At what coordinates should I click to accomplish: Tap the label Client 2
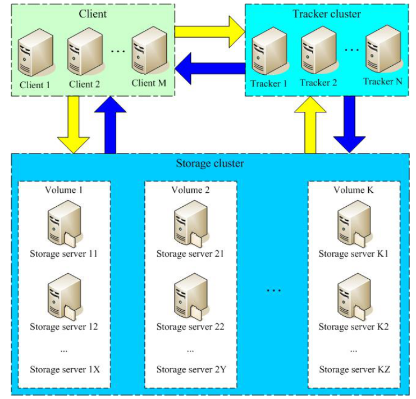click(84, 85)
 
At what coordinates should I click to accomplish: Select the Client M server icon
click(149, 54)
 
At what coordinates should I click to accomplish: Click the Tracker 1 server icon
click(268, 55)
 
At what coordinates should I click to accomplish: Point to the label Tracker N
click(383, 81)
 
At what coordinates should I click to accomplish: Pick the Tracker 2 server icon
click(318, 54)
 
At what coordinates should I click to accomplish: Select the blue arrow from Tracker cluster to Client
click(209, 69)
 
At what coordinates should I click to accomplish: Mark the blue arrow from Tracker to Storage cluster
click(349, 124)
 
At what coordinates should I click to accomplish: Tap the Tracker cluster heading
click(327, 13)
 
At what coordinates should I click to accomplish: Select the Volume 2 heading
click(190, 190)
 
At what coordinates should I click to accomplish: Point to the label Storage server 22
click(190, 327)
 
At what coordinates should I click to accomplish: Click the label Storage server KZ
click(354, 369)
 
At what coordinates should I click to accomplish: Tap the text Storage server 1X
click(65, 369)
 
